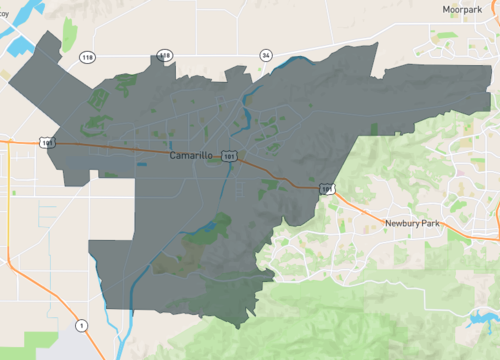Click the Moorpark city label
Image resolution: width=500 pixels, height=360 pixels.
click(x=463, y=9)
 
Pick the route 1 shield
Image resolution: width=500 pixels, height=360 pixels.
click(x=82, y=325)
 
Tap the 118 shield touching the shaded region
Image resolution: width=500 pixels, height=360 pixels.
click(x=166, y=55)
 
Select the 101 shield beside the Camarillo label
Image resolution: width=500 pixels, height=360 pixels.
click(x=231, y=157)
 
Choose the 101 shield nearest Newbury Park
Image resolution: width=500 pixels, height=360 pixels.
click(x=328, y=187)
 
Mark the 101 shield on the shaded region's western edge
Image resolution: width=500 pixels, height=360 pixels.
click(x=48, y=143)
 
